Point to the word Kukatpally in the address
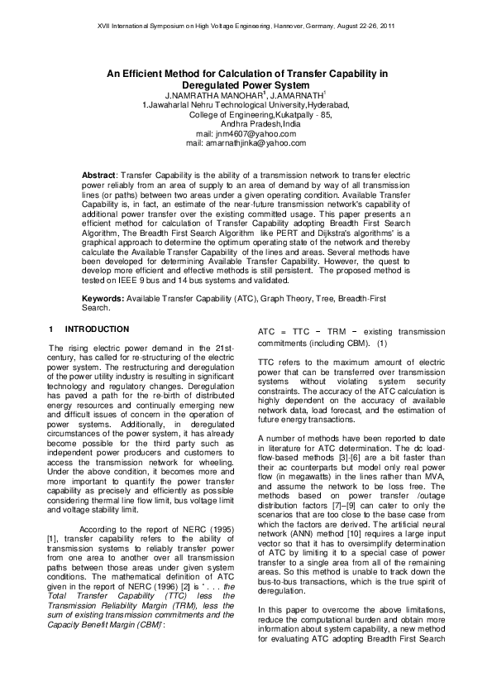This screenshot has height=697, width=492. coord(279,114)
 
